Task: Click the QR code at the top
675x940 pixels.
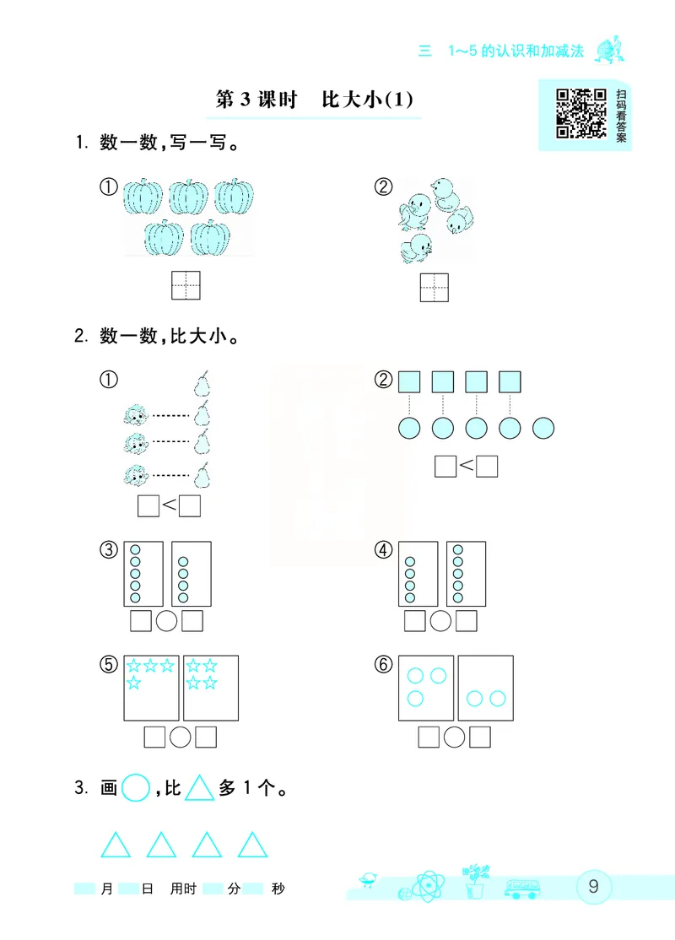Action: (x=580, y=113)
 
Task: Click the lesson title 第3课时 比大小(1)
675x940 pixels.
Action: (x=314, y=100)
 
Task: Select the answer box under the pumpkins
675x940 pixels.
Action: (x=186, y=286)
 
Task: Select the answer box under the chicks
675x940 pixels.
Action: (x=435, y=287)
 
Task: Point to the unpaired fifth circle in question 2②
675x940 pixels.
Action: (x=544, y=428)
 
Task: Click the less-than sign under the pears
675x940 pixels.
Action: (x=169, y=505)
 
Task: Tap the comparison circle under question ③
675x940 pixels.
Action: (x=167, y=621)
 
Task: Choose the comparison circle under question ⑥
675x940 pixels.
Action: (x=455, y=737)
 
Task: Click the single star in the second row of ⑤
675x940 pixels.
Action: (x=134, y=683)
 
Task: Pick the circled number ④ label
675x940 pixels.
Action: (x=384, y=550)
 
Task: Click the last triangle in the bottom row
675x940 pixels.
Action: (x=252, y=845)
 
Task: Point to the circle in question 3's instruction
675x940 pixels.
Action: (x=135, y=790)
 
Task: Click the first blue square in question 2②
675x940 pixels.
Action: (x=409, y=382)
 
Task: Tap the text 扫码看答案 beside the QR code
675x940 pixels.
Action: (x=621, y=116)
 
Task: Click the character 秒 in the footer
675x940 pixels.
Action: (x=278, y=912)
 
